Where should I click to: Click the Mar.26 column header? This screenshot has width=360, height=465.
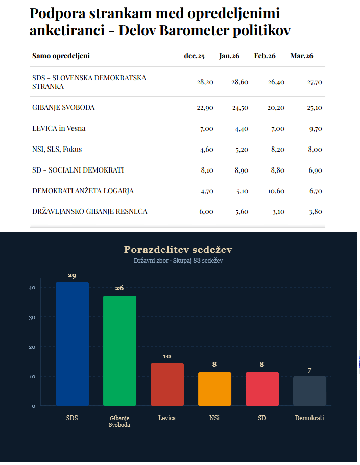302,56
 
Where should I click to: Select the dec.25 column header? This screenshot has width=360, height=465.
194,56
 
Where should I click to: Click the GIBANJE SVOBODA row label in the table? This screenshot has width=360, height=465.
63,108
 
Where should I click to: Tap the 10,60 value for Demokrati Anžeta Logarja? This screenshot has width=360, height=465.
276,191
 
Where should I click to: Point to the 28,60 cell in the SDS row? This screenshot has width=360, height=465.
239,82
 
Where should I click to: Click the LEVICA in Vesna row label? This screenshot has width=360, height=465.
59,128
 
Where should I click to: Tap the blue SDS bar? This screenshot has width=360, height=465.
72,344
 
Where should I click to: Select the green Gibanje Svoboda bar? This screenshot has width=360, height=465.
119,351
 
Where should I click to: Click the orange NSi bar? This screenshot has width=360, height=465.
214,389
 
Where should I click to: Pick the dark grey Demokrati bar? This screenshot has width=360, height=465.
309,391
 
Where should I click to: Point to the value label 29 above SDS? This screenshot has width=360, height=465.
72,276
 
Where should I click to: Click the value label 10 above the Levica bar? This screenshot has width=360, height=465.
167,356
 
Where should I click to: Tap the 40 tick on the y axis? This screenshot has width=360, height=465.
32,288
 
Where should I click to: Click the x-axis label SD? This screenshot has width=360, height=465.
262,418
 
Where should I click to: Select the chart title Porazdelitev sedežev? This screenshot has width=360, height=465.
178,250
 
